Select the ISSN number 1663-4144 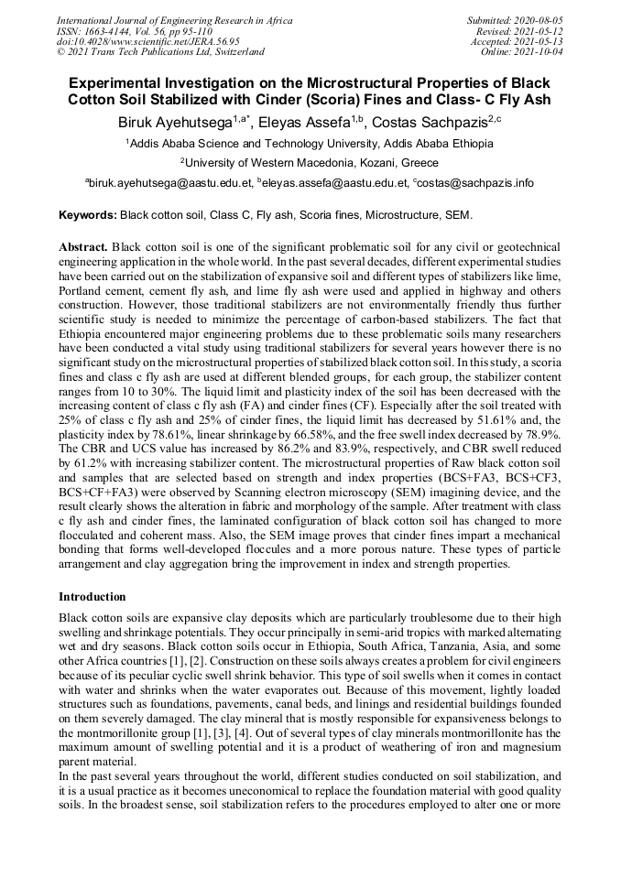[108, 30]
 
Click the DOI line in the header [147, 41]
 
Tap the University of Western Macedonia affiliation [311, 162]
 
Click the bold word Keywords [87, 216]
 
